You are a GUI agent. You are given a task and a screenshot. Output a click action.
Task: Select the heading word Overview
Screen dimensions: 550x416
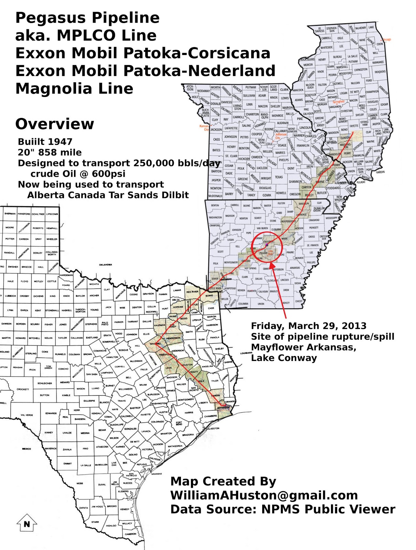(54, 124)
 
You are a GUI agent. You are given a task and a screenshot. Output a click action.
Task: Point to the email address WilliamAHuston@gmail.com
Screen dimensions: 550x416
(264, 495)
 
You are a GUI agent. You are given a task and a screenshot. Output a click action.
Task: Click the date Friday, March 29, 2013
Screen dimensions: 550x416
(309, 326)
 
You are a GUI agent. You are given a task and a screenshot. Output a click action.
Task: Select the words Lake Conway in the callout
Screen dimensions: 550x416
(284, 357)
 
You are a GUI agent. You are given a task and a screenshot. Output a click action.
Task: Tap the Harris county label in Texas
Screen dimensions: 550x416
(189, 412)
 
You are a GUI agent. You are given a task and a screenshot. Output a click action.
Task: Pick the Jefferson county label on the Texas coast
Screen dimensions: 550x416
(223, 407)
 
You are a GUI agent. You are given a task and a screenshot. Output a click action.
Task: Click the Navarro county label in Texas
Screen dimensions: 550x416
(156, 343)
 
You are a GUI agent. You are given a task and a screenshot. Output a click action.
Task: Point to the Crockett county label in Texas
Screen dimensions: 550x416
(23, 389)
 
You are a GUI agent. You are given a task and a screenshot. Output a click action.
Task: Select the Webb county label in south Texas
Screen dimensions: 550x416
(79, 483)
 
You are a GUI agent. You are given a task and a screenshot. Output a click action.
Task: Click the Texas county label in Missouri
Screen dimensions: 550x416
(279, 177)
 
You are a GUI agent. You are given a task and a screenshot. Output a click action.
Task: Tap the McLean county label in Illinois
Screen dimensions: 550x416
(355, 83)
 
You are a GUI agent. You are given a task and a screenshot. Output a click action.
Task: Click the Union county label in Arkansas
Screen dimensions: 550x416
(261, 304)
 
